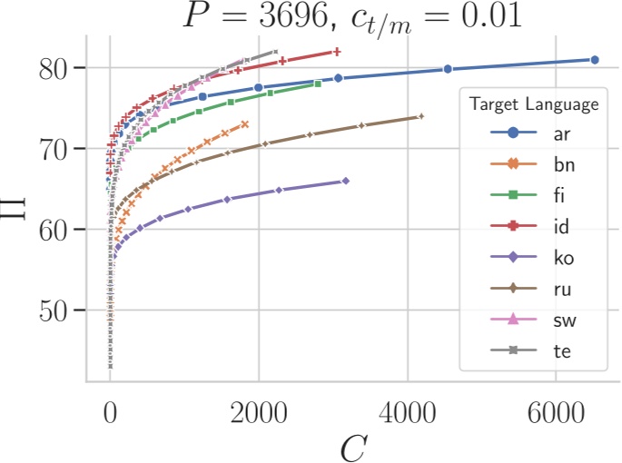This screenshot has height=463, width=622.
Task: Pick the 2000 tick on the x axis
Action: point(259,409)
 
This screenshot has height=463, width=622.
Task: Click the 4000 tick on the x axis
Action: point(408,409)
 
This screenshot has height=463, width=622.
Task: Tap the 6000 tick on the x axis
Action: point(557,409)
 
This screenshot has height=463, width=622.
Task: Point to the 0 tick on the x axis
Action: point(110,409)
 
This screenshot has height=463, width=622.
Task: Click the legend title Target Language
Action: point(534,104)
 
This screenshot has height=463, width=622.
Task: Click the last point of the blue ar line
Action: point(595,60)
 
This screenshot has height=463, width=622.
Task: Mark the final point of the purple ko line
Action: point(346,182)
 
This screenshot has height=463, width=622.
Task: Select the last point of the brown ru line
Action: point(421,116)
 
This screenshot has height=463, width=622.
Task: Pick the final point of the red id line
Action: point(337,52)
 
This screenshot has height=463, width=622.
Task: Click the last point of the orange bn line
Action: point(245,123)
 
